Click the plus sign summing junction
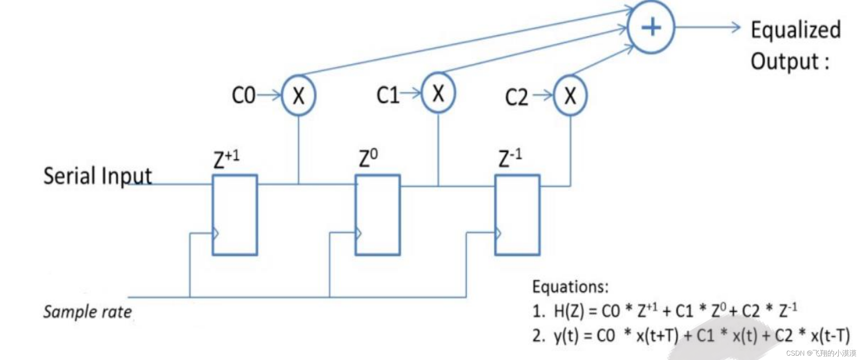coord(651,27)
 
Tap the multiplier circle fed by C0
coord(299,96)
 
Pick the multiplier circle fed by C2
coord(570,96)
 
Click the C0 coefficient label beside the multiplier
coord(243,96)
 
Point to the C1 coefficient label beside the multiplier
coord(388,95)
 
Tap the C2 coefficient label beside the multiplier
coord(517,97)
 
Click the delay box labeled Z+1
coord(235,215)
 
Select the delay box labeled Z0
coord(378,215)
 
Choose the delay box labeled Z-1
coord(517,215)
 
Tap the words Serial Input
coord(97,176)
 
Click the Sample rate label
coord(87,312)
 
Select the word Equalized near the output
coord(796,30)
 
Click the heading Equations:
coord(570,286)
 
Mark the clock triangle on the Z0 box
coord(359,233)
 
